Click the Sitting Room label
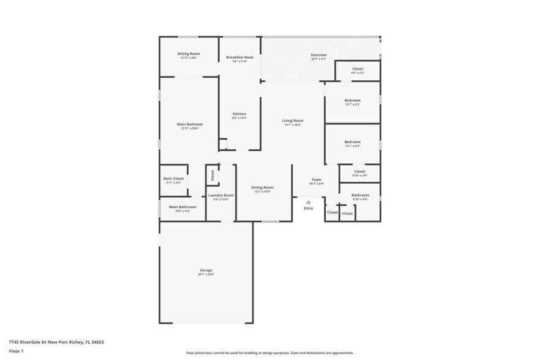click(189, 54)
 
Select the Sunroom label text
click(318, 55)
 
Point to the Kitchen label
click(239, 114)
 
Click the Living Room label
click(292, 121)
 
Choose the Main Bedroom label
click(190, 124)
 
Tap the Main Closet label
click(173, 178)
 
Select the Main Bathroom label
click(182, 207)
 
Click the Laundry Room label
click(220, 195)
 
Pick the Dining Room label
click(262, 187)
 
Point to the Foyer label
click(317, 179)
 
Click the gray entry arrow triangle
click(309, 201)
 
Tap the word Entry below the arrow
click(309, 208)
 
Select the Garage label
click(206, 270)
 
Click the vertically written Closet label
click(212, 176)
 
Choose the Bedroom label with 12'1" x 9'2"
click(352, 100)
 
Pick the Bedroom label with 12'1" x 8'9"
click(352, 142)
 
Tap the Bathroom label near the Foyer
click(360, 195)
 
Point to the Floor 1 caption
click(16, 351)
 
